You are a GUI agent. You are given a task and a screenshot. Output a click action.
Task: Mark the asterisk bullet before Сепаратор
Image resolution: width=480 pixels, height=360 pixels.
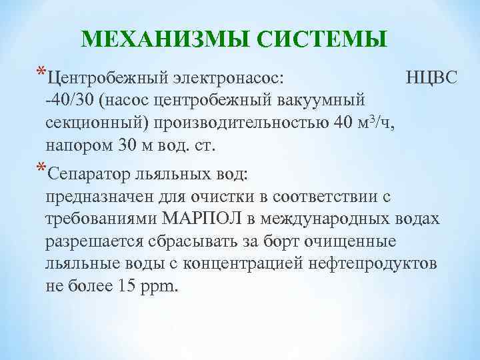(x=41, y=171)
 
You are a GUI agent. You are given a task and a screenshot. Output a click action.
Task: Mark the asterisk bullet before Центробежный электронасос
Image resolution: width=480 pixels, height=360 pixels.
(x=41, y=74)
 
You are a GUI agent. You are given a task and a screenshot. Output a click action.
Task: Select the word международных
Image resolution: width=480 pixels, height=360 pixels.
(x=333, y=219)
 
